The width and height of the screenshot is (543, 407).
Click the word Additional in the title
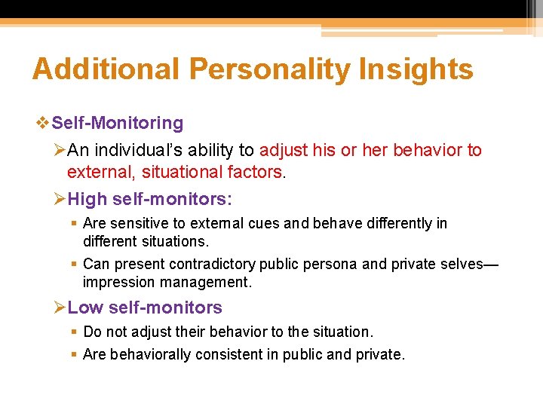coord(106,69)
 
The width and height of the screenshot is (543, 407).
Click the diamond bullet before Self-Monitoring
coord(42,123)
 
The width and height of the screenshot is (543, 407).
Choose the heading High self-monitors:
coord(150,199)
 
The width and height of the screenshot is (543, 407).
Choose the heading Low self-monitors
coord(145,308)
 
